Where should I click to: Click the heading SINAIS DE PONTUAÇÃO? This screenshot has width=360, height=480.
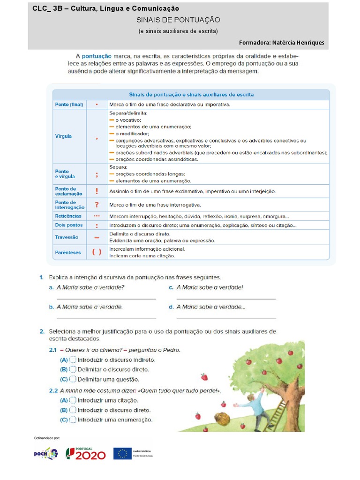[178, 20]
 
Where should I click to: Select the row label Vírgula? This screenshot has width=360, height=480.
[63, 136]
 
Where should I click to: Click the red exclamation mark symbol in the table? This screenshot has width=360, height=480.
[97, 191]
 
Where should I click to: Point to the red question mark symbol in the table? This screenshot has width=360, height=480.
[97, 204]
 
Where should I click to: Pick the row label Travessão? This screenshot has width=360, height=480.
[67, 237]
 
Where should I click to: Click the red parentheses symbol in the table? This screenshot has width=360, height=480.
[97, 252]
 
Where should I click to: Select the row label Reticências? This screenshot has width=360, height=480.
[68, 216]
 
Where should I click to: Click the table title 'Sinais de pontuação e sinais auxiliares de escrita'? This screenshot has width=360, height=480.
[191, 94]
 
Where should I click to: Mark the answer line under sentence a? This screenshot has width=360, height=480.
[106, 299]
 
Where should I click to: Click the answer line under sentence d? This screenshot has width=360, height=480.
[226, 318]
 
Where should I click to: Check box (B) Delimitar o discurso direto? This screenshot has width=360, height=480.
[73, 370]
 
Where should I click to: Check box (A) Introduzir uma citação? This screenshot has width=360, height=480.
[73, 400]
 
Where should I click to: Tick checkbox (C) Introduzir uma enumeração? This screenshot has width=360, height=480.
[73, 420]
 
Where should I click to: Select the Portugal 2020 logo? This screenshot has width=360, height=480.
[85, 453]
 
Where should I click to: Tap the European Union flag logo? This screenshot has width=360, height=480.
[122, 453]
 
